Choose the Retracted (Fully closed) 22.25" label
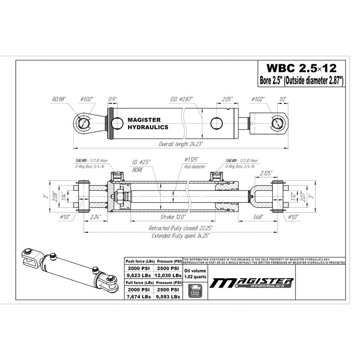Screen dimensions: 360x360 tap(179, 228)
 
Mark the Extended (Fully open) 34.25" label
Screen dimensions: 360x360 tap(179, 235)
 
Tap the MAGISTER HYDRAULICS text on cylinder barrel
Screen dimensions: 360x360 tap(143, 124)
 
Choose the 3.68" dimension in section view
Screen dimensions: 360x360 tap(257, 217)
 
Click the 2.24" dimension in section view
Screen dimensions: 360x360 tap(95, 217)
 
